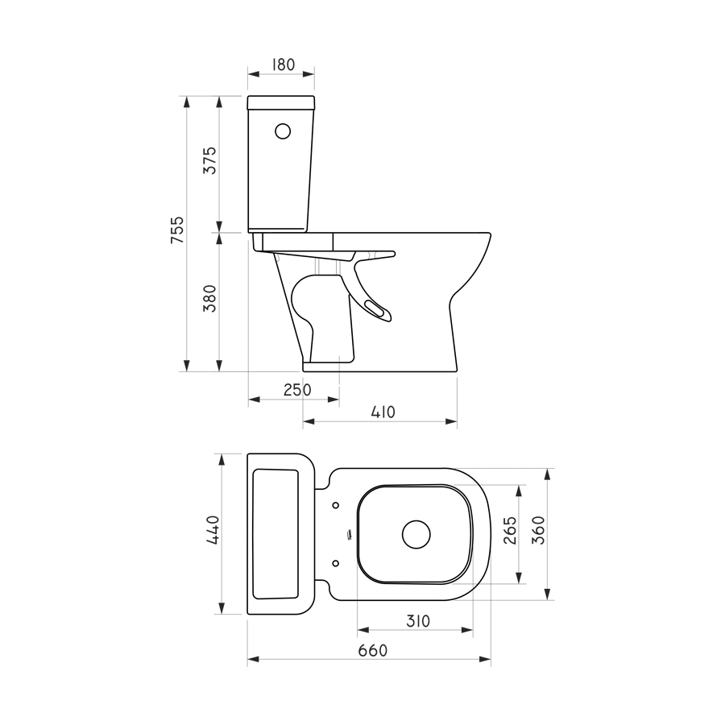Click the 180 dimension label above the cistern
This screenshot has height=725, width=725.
click(x=280, y=64)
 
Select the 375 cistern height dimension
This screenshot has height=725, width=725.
click(x=209, y=163)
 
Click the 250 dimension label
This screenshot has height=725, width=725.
click(x=296, y=390)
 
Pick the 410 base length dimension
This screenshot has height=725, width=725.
click(x=383, y=412)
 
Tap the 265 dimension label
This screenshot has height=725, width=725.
click(x=510, y=532)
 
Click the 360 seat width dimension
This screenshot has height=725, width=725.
click(x=539, y=531)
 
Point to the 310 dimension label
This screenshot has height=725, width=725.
click(x=417, y=621)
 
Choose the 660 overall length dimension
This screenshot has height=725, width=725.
click(x=373, y=650)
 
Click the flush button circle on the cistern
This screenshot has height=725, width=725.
click(x=283, y=130)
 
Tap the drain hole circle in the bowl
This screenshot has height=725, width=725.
click(x=416, y=534)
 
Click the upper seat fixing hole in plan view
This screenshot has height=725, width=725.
click(x=336, y=506)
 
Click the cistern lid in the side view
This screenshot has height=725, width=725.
click(x=280, y=102)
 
